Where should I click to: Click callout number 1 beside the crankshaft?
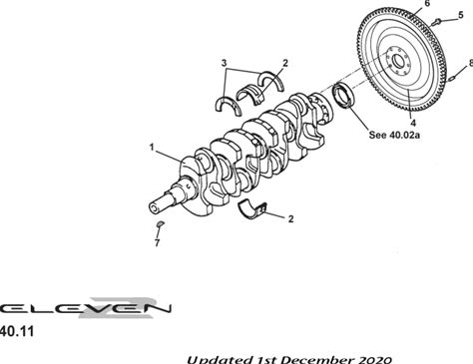152,147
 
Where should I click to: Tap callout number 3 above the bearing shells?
224,63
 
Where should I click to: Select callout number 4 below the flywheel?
413,123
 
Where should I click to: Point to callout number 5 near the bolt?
460,15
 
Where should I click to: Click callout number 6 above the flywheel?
427,3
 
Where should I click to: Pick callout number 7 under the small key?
157,243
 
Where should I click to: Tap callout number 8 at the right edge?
470,63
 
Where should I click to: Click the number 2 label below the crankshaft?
290,218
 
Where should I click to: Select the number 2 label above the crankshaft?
285,63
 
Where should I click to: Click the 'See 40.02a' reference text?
394,135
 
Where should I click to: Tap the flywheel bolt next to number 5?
436,22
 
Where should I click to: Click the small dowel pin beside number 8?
452,79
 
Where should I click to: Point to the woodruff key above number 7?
160,223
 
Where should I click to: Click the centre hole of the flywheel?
398,61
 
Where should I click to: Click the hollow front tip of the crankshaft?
154,207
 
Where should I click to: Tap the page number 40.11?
17,331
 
